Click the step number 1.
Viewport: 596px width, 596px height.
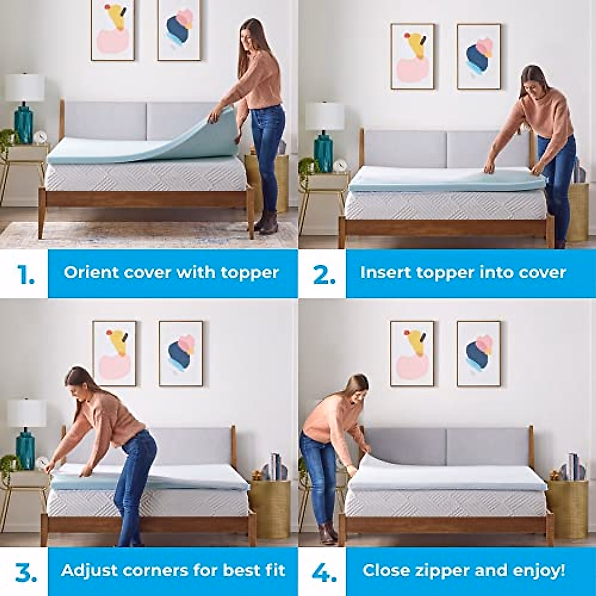point(26,274)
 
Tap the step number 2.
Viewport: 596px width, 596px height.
point(324,274)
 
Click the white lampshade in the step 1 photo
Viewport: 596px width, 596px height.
point(25,88)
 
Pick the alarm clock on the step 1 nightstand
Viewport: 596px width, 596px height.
point(40,137)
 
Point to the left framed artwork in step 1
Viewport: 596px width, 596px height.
point(113,31)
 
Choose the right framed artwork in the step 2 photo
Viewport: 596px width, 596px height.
point(479,56)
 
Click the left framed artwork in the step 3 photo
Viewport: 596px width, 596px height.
point(114,353)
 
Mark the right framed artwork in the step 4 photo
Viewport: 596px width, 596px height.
point(479,353)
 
